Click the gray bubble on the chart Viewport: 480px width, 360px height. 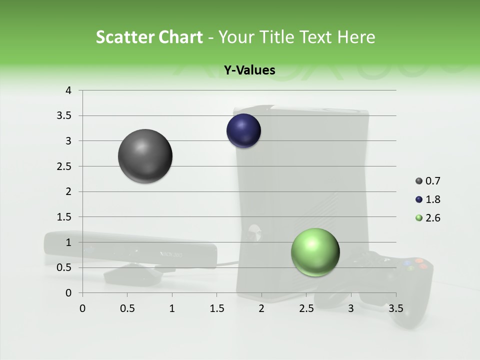(145, 156)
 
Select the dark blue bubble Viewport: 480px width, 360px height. (243, 131)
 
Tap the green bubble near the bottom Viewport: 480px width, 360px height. (315, 252)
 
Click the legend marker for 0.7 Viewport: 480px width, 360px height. (419, 181)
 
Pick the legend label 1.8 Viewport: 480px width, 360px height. (433, 199)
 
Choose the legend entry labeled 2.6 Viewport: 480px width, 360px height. (433, 218)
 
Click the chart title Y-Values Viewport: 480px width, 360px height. (249, 70)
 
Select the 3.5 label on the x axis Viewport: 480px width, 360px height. (396, 308)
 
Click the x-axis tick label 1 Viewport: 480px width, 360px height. (172, 308)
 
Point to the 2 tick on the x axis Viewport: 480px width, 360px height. (261, 308)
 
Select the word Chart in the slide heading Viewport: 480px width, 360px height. (180, 37)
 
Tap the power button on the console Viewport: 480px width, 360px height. (254, 230)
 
